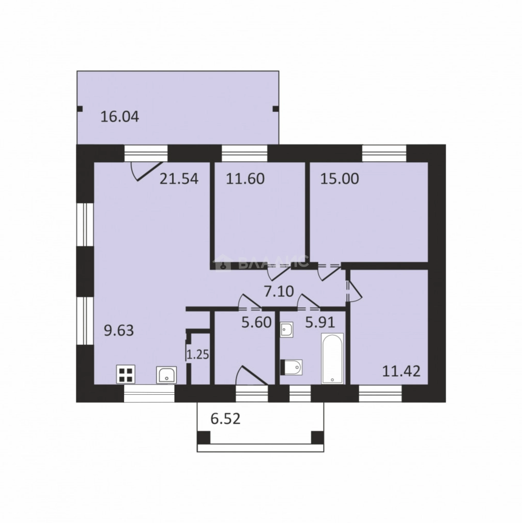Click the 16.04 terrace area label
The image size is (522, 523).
(x=120, y=117)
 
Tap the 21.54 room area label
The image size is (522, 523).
(x=179, y=179)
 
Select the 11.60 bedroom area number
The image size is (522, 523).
(x=245, y=179)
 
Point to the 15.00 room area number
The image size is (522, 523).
(x=339, y=179)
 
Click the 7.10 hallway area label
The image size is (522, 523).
(x=279, y=292)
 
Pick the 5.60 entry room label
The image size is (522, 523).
(x=256, y=323)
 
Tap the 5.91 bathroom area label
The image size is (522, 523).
(x=320, y=323)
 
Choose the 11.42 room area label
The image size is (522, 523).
(x=401, y=371)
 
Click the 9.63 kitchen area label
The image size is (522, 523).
(x=119, y=331)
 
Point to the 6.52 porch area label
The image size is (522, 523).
(x=226, y=419)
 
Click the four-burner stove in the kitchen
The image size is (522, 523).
(x=126, y=374)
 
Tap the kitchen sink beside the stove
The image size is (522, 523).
(x=167, y=375)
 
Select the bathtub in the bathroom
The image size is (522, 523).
(x=332, y=358)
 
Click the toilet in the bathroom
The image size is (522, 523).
(x=292, y=368)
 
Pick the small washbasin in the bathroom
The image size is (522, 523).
(x=287, y=330)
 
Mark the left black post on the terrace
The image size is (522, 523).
(x=80, y=109)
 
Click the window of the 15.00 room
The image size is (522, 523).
(x=384, y=154)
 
